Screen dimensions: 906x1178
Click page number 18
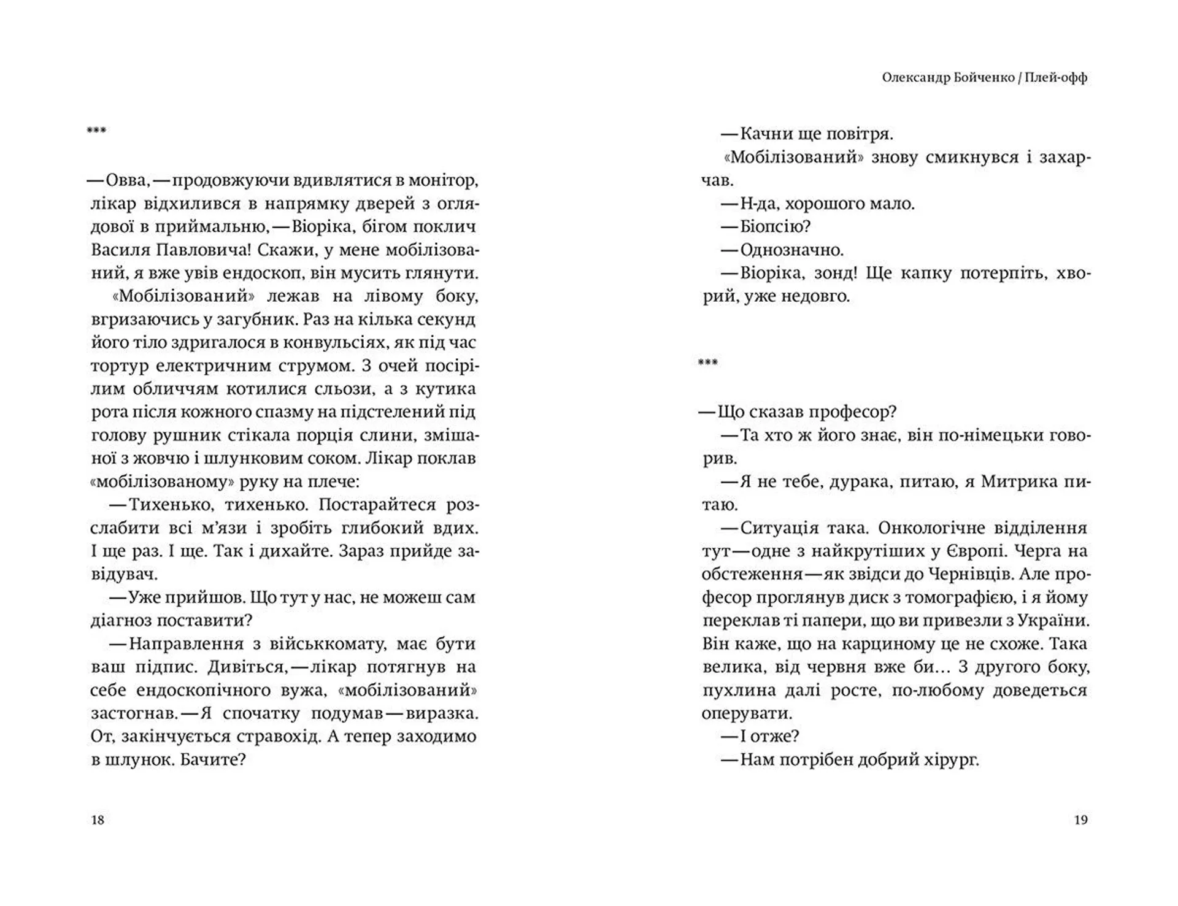[x=98, y=820]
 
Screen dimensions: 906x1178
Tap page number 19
[x=1080, y=820]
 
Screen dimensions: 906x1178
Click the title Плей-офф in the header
[x=1055, y=78]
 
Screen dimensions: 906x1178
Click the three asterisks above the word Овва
[x=97, y=130]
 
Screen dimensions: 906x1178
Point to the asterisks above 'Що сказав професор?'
[x=707, y=363]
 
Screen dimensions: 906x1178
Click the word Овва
[x=127, y=180]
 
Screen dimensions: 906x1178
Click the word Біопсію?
[x=776, y=227]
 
